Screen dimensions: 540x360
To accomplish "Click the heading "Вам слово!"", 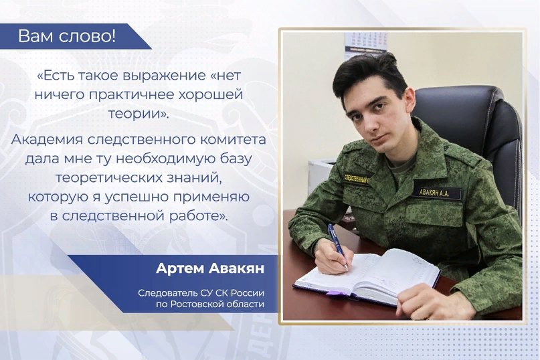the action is tap(67, 36).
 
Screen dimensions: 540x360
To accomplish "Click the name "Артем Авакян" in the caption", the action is tap(210, 268).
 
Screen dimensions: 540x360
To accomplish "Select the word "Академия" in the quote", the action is tap(47, 140).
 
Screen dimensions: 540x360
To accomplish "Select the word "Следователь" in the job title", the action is tap(168, 293).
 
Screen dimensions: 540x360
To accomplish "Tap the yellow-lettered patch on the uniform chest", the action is tap(357, 179).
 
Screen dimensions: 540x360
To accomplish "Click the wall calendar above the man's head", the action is tap(366, 43).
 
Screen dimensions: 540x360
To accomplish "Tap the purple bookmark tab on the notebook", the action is tap(333, 293).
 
